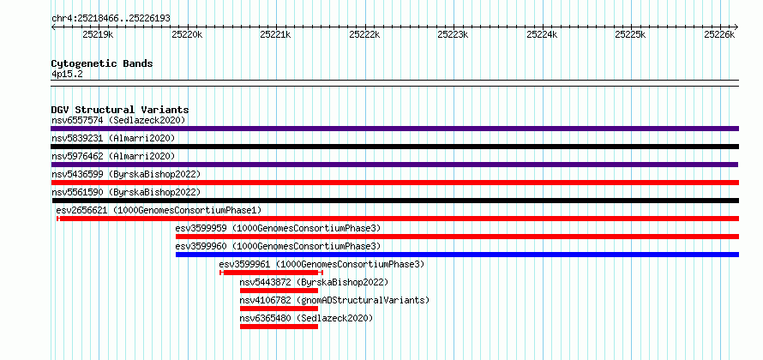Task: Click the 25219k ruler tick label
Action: tap(98, 34)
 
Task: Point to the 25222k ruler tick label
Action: tap(364, 34)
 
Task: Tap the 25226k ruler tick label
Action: tap(719, 34)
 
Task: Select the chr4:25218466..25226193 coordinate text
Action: tap(111, 19)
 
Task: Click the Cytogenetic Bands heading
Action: tap(102, 63)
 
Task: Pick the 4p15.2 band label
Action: tap(67, 75)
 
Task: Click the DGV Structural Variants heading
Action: tap(120, 110)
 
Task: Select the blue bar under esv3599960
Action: tap(458, 255)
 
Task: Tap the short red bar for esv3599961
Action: tap(271, 273)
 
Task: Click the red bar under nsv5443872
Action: tap(279, 291)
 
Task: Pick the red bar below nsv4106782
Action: tap(279, 309)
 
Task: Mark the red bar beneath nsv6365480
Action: tap(279, 327)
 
